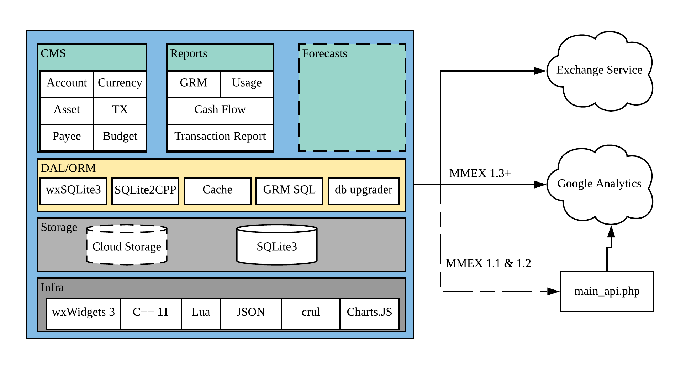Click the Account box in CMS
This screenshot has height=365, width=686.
[67, 84]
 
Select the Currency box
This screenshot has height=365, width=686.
[120, 84]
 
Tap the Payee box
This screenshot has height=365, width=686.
[67, 138]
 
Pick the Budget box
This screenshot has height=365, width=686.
[120, 138]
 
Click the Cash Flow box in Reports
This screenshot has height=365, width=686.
[220, 111]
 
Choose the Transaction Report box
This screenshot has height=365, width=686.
[220, 138]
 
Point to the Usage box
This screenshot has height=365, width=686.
[247, 84]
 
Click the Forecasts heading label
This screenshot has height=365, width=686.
[324, 53]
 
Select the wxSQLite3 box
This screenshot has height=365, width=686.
[73, 191]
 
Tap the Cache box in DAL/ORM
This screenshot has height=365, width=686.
[217, 191]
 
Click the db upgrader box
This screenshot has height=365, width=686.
[363, 191]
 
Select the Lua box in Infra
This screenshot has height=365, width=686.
[201, 313]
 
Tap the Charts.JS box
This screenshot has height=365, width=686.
[369, 313]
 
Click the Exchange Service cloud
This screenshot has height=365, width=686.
[599, 71]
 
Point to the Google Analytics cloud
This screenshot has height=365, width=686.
[599, 185]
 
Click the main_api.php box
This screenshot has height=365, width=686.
[607, 292]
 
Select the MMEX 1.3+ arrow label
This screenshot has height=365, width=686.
[480, 174]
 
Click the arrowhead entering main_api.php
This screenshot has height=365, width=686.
[553, 292]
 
